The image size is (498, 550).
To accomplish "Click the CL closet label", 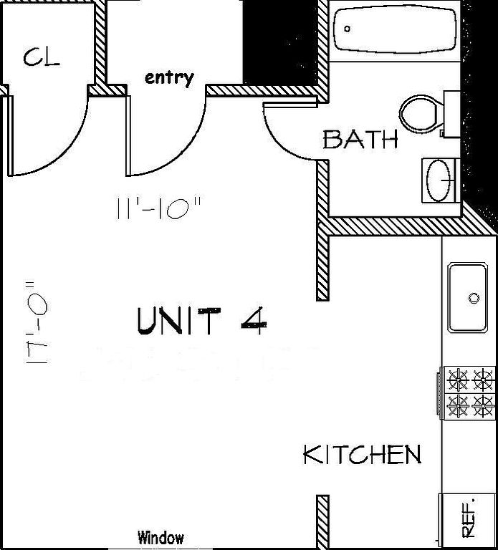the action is (x=42, y=57).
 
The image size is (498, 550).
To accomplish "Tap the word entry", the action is (x=169, y=78).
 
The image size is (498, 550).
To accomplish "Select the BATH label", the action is (x=360, y=139).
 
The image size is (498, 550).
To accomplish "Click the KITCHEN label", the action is (x=362, y=455).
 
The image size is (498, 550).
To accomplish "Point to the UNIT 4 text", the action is (x=202, y=321).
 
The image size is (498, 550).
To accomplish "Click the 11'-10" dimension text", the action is (x=159, y=208).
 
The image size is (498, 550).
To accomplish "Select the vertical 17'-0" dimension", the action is (x=36, y=322).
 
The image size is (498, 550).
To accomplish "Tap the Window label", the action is (x=161, y=537).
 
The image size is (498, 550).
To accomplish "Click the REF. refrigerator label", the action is (x=469, y=518).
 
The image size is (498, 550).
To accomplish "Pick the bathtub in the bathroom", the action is (x=395, y=30).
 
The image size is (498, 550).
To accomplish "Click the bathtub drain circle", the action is (x=348, y=29).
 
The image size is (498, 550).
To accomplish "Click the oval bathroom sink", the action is (x=439, y=180).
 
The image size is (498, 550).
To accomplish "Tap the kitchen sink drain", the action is (x=474, y=298).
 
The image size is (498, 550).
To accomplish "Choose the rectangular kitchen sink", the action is (x=468, y=298).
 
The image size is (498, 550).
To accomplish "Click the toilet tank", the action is (x=452, y=115).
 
